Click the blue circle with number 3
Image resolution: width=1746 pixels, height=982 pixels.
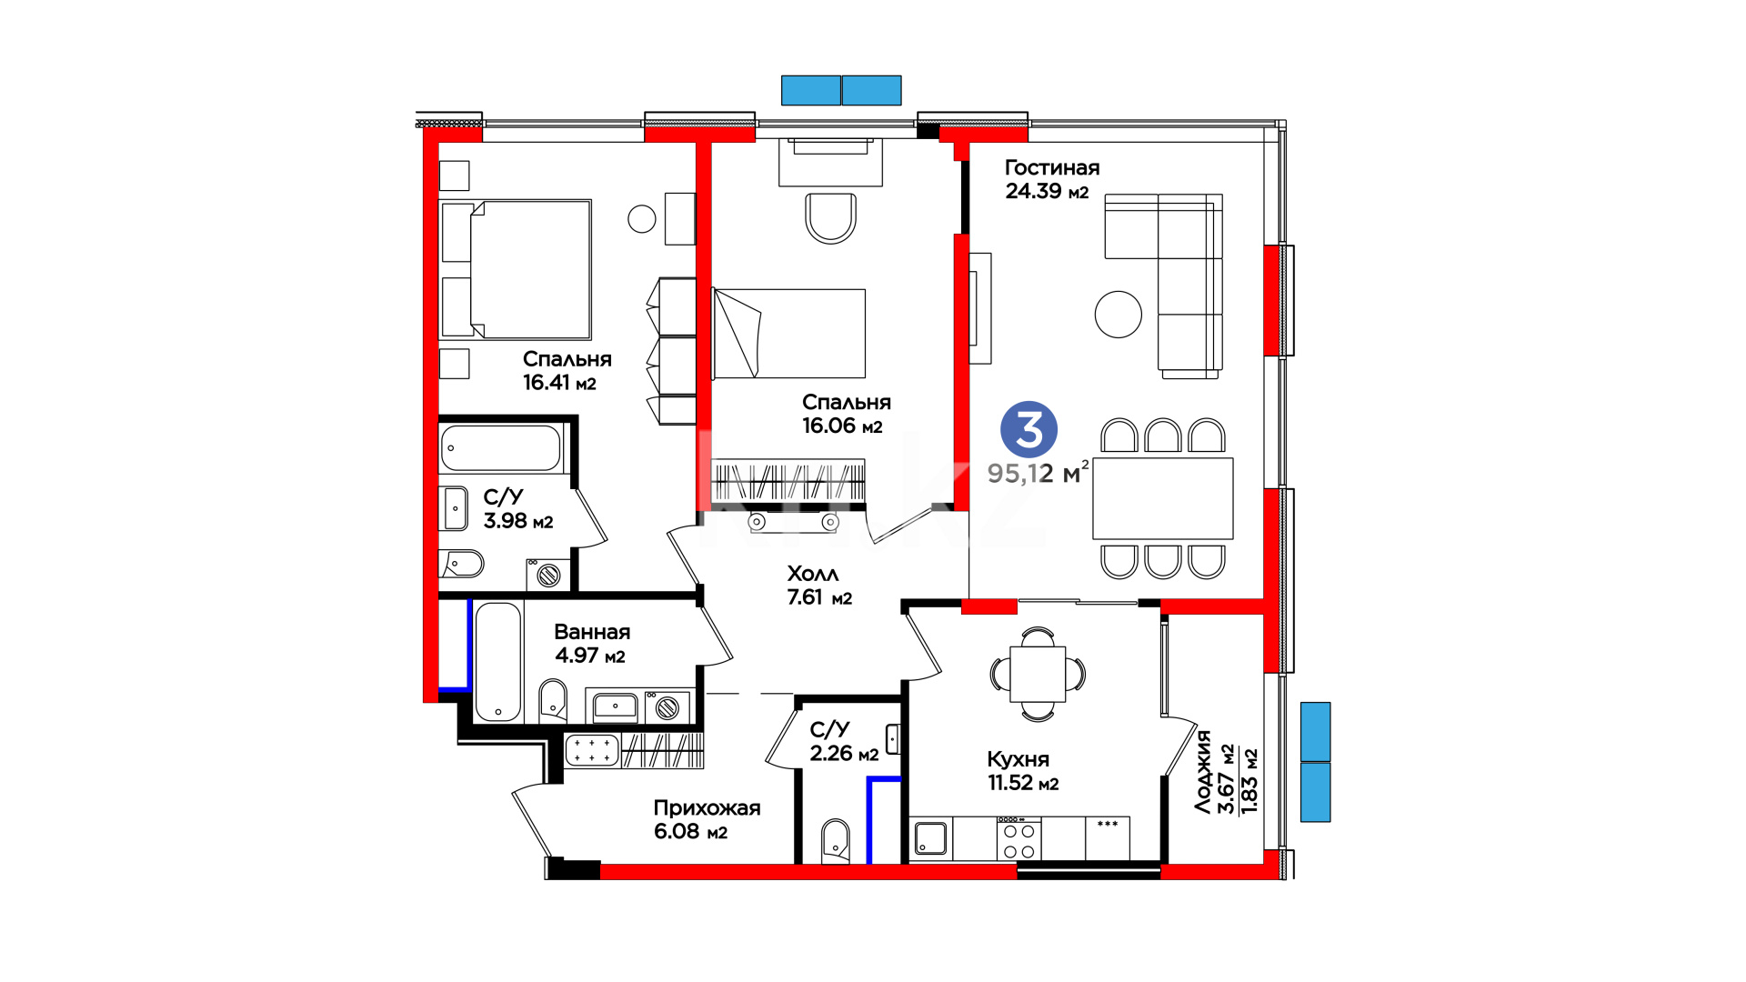click(x=1029, y=429)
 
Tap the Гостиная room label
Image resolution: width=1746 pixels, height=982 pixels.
click(x=1051, y=167)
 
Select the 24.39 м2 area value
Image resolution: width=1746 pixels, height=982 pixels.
click(x=1047, y=191)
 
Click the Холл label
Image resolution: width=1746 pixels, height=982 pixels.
click(x=813, y=574)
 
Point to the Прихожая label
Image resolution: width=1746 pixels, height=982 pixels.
click(x=707, y=808)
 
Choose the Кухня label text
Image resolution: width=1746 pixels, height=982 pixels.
click(x=1018, y=759)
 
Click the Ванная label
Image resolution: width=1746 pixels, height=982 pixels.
click(x=592, y=632)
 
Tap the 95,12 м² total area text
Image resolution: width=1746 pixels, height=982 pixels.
click(x=1039, y=473)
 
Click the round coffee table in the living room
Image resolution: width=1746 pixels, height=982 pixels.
click(x=1118, y=314)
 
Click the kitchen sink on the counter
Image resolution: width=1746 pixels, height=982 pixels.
click(x=930, y=838)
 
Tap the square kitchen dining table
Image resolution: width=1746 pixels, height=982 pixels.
click(x=1038, y=674)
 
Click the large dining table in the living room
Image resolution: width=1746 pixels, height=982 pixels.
click(x=1163, y=498)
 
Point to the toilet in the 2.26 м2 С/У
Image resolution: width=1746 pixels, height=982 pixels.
click(x=836, y=840)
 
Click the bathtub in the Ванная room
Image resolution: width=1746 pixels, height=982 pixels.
click(x=498, y=661)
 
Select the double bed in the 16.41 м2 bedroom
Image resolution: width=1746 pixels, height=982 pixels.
click(x=516, y=269)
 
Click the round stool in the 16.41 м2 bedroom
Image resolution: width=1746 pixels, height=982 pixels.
click(x=642, y=218)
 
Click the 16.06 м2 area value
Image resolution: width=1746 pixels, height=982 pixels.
click(x=842, y=426)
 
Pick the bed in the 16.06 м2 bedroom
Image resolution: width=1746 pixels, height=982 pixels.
click(x=788, y=334)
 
